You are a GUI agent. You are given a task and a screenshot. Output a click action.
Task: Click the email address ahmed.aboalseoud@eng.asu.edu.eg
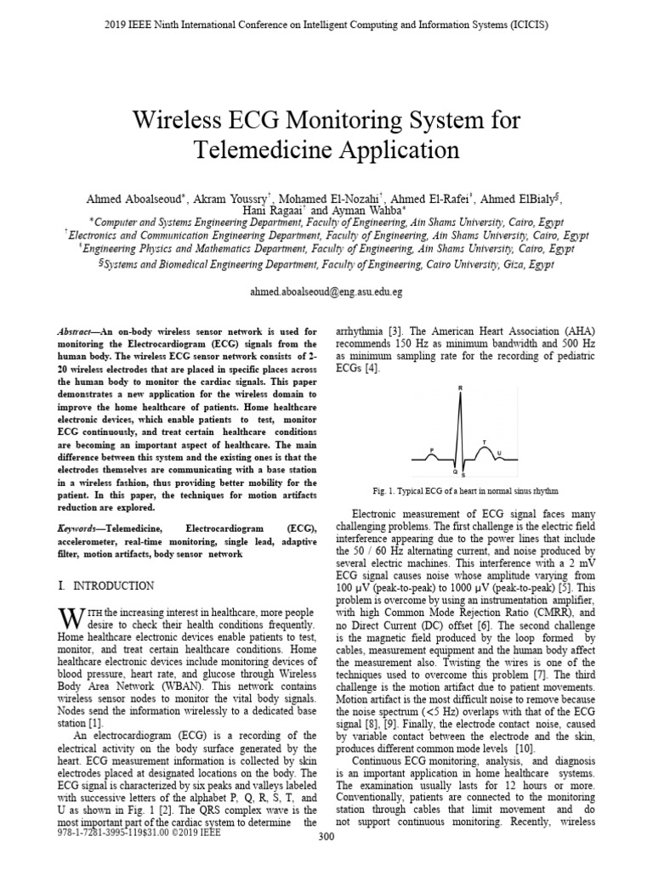pos(326,291)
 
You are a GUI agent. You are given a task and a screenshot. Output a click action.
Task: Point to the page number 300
pos(326,861)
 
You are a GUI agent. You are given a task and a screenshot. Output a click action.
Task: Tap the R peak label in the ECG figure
pos(460,389)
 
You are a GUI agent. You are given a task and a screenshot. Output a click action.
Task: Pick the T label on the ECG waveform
pos(485,443)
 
